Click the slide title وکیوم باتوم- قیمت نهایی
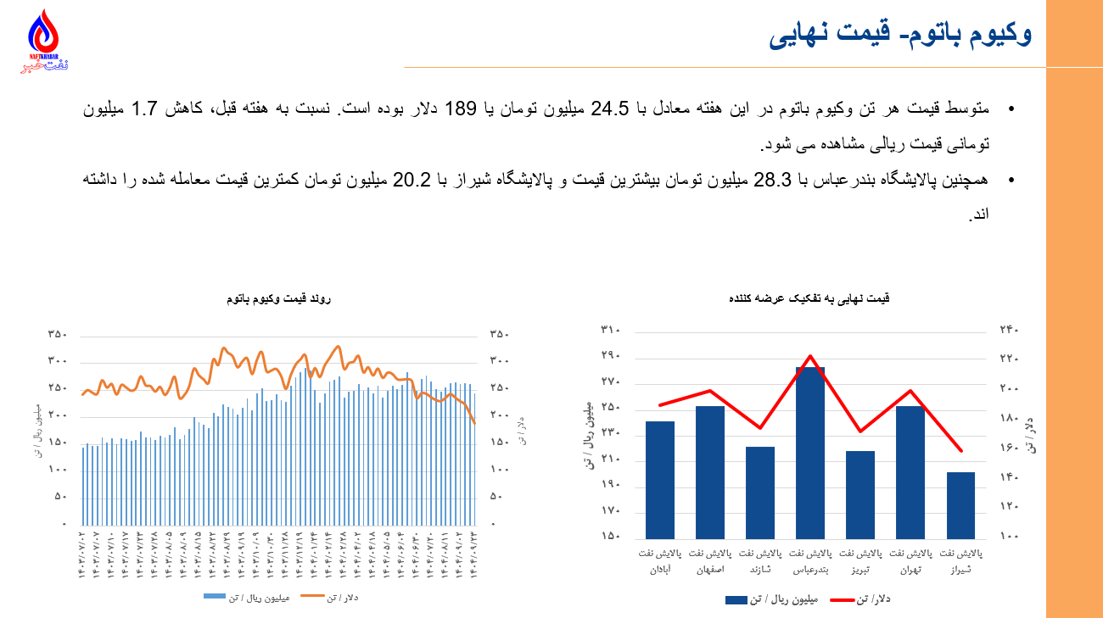tap(900, 35)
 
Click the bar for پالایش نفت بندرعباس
tap(810, 453)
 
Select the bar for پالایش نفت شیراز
tap(960, 505)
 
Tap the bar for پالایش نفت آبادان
tap(660, 480)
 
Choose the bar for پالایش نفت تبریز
tap(860, 494)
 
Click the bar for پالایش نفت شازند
tap(760, 493)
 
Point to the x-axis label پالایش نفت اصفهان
tap(710, 561)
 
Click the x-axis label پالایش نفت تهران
tap(910, 561)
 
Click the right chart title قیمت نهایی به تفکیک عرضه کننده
tap(809, 298)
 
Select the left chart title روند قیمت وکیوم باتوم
tap(278, 299)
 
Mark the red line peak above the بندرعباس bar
tap(810, 356)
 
